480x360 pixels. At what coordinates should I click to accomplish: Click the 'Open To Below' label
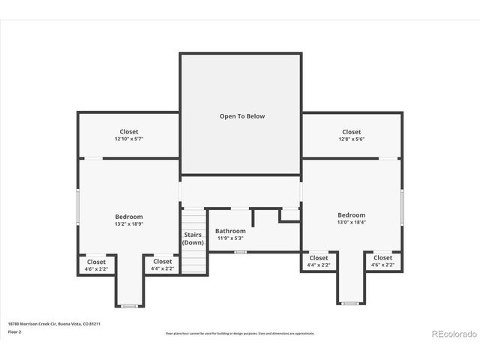[241, 116]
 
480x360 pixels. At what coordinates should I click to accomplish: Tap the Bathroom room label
[230, 231]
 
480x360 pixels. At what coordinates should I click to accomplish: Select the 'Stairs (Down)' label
[193, 238]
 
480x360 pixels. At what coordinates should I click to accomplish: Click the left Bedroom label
[129, 217]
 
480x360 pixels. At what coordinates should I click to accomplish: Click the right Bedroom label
[351, 215]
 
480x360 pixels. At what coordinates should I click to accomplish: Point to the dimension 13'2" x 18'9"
[129, 224]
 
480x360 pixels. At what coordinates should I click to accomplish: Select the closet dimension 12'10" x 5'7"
[129, 139]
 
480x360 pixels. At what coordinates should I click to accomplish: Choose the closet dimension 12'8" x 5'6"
[351, 139]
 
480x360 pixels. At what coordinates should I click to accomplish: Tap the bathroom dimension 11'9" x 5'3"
[230, 238]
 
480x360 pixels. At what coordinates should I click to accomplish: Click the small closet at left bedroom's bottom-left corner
[96, 265]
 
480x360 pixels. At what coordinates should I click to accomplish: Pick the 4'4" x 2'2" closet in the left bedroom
[162, 265]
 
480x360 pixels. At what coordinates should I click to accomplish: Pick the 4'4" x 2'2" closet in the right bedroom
[319, 261]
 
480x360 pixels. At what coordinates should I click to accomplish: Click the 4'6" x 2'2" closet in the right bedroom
[383, 261]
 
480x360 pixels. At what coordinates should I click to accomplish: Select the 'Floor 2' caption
[15, 331]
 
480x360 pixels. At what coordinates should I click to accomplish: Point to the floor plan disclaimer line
[240, 334]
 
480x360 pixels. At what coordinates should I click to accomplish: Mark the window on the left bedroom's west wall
[79, 206]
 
